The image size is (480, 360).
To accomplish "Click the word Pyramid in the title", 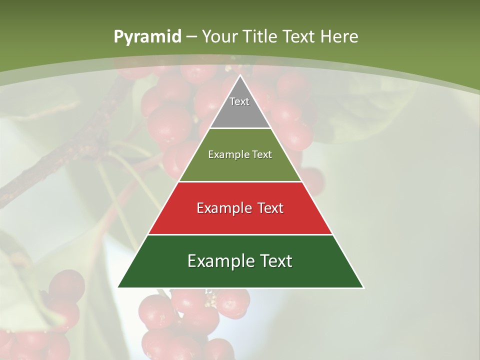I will click(147, 37).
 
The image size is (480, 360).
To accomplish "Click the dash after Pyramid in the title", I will click(191, 37).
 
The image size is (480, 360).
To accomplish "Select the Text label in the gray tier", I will click(239, 101).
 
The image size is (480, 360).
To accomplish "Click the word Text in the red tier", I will click(270, 208).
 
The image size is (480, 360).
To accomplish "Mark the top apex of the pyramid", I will click(240, 75).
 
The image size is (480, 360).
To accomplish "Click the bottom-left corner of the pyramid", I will click(118, 287).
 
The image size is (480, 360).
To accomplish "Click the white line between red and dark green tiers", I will click(240, 234).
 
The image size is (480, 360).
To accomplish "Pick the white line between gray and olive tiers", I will click(240, 128).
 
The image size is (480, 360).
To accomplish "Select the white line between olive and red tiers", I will click(240, 181).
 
